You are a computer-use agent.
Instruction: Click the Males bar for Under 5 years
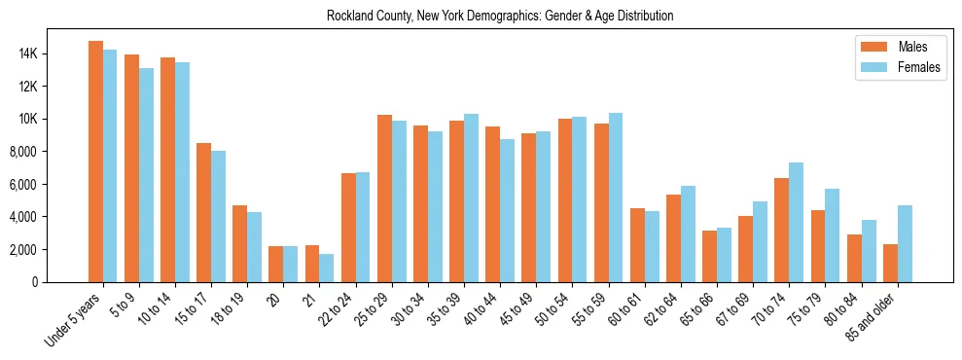click(x=95, y=162)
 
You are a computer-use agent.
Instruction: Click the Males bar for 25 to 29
click(x=384, y=198)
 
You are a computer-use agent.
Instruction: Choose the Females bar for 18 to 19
click(x=255, y=247)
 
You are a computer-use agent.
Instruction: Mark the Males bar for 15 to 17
click(x=204, y=212)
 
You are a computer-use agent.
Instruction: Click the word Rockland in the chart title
click(x=349, y=17)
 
